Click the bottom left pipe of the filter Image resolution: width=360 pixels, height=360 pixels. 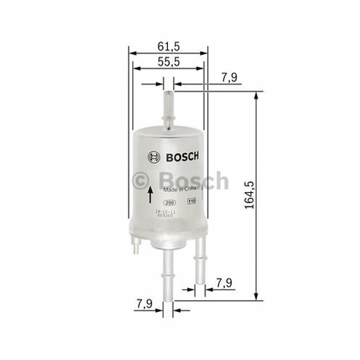(168, 270)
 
